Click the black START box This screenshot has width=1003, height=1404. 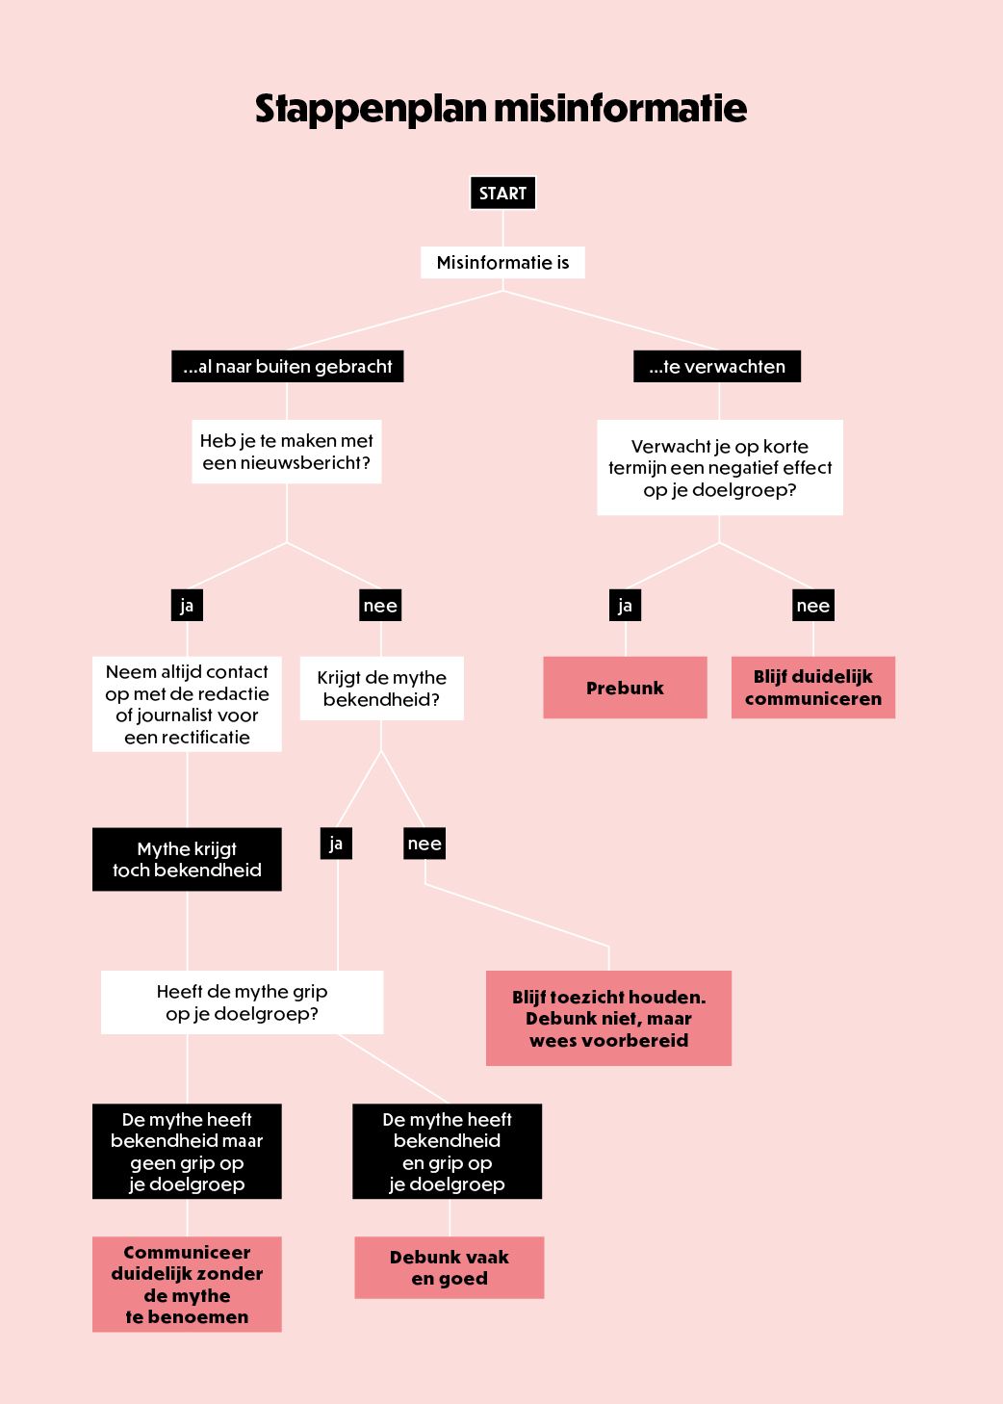click(x=502, y=193)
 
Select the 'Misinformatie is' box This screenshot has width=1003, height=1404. click(x=502, y=262)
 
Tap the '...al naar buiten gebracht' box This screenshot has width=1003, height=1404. click(x=287, y=366)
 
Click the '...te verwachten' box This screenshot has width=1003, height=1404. click(x=717, y=366)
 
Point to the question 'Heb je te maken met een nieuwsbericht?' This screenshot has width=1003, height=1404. click(x=286, y=452)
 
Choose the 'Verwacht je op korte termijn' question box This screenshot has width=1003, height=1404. click(x=720, y=468)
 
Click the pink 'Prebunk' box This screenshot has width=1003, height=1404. click(x=625, y=688)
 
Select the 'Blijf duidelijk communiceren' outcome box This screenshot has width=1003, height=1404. click(x=813, y=688)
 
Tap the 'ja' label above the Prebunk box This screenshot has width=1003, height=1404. click(x=625, y=605)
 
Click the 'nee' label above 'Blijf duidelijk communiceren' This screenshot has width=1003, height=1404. click(x=813, y=605)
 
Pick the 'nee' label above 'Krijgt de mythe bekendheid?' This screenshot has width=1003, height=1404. click(x=380, y=605)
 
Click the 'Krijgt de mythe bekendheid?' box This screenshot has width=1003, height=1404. click(x=381, y=689)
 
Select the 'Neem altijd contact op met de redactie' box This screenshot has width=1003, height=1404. click(x=187, y=704)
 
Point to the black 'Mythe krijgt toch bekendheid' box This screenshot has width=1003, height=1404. click(x=187, y=859)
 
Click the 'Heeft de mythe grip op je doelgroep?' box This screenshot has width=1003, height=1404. click(x=242, y=1002)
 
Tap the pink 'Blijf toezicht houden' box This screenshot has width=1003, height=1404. click(x=608, y=1018)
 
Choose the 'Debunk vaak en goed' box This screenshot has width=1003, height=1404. click(x=450, y=1267)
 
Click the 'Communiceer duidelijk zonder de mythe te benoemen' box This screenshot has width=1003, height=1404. click(x=187, y=1284)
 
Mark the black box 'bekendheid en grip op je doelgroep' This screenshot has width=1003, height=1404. click(x=447, y=1152)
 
